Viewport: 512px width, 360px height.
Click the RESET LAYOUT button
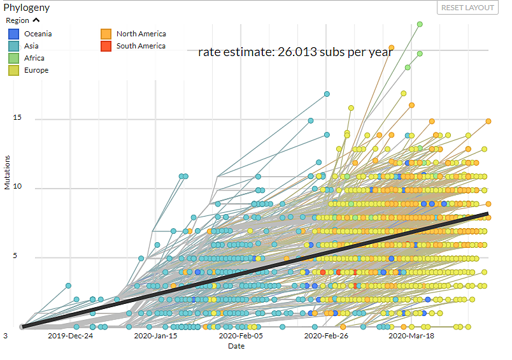pyautogui.click(x=467, y=8)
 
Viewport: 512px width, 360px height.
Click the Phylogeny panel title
pyautogui.click(x=27, y=8)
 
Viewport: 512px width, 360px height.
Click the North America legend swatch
pyautogui.click(x=106, y=34)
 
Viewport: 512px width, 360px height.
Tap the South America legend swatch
pyautogui.click(x=106, y=47)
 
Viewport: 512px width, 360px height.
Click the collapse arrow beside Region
pyautogui.click(x=36, y=20)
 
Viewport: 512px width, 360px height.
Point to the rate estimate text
pyautogui.click(x=295, y=52)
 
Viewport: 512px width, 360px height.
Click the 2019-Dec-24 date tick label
pyautogui.click(x=70, y=336)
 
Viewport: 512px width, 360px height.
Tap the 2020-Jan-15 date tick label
pyautogui.click(x=155, y=336)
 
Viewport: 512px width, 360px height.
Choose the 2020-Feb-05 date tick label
pyautogui.click(x=240, y=336)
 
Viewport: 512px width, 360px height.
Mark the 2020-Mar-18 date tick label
pyautogui.click(x=411, y=336)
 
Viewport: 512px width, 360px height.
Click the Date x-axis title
pyautogui.click(x=236, y=347)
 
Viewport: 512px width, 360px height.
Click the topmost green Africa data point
pyautogui.click(x=420, y=24)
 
